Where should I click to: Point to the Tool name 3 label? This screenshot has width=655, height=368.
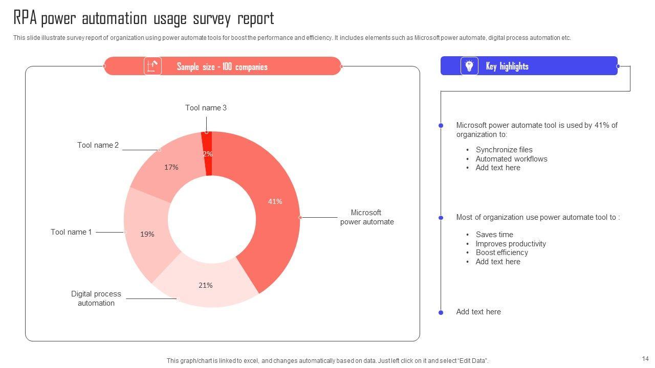pos(206,108)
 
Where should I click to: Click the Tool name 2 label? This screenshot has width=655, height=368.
pos(98,145)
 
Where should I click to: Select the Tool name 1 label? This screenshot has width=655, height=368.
pos(71,232)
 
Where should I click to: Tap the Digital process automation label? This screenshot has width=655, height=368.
pos(96,298)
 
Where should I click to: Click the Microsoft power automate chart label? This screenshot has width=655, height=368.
pos(367,217)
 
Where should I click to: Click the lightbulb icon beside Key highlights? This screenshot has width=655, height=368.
pos(469,66)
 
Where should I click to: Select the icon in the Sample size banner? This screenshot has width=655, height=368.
pos(152,66)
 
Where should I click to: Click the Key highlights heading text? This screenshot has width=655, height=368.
pos(507,66)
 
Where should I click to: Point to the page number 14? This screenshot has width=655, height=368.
pos(645,359)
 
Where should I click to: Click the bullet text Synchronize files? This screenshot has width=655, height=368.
pos(504,150)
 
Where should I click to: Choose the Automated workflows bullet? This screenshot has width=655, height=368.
pos(511,159)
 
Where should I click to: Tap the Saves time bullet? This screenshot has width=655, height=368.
pos(494,235)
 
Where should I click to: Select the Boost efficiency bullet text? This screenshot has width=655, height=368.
pos(501,252)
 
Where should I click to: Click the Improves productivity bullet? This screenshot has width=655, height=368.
pos(511,244)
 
